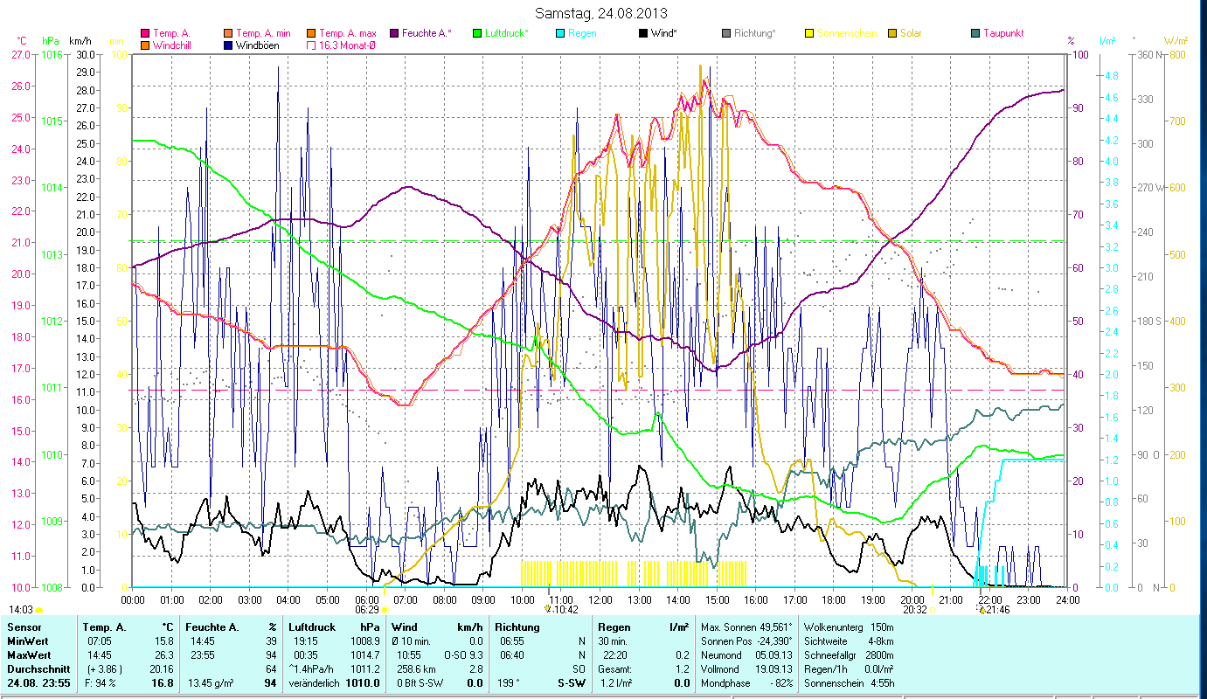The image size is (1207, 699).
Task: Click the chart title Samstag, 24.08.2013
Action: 604,13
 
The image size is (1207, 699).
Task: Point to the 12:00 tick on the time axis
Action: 601,599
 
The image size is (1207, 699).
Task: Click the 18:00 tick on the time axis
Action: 835,599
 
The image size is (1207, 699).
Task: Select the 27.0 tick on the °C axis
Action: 20,54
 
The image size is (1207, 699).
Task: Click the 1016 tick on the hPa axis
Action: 52,54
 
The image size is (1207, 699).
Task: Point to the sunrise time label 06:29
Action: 367,610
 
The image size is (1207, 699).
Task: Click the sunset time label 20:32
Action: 915,610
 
